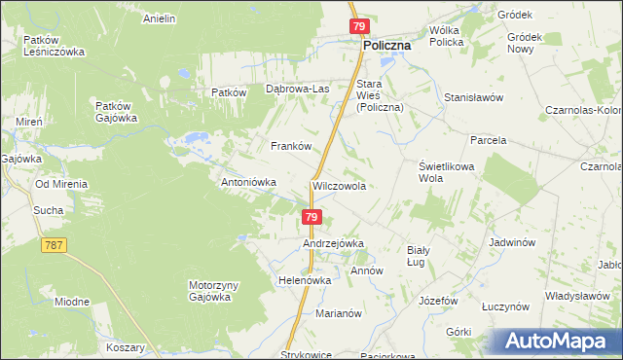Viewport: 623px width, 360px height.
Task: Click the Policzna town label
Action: click(x=386, y=46)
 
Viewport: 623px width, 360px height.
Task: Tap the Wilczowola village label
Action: click(x=339, y=185)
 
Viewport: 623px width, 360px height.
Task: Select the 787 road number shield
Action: click(x=54, y=245)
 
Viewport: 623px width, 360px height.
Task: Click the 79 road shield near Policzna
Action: click(x=359, y=26)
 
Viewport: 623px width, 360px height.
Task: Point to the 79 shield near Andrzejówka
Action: click(x=311, y=217)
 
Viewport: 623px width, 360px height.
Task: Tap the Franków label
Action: click(x=290, y=146)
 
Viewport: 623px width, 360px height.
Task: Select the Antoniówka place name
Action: click(x=250, y=182)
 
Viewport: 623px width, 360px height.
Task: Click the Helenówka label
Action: click(x=305, y=280)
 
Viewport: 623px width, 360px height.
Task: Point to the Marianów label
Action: click(x=339, y=313)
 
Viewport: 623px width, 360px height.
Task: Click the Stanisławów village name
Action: click(x=472, y=98)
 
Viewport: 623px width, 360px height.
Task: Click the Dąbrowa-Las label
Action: click(x=298, y=90)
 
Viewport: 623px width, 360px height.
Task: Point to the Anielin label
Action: click(x=159, y=18)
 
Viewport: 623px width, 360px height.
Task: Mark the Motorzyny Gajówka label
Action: click(x=209, y=291)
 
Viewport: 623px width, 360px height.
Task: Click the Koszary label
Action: click(x=126, y=347)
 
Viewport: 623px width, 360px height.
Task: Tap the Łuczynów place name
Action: click(x=504, y=306)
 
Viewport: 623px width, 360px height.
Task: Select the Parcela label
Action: click(x=489, y=140)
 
